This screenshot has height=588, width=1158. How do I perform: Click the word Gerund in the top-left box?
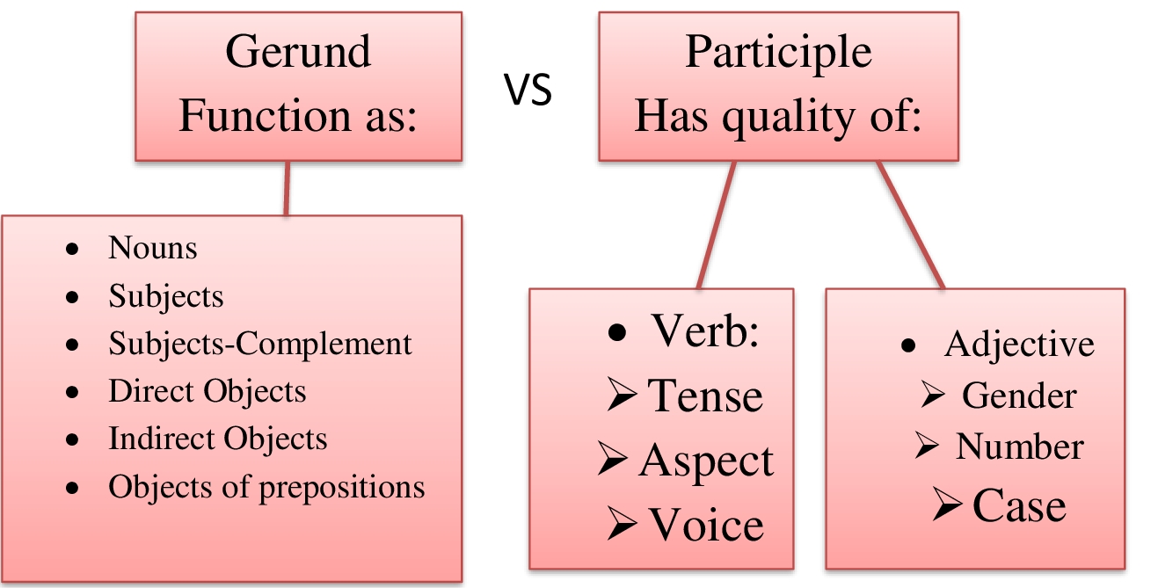tap(298, 53)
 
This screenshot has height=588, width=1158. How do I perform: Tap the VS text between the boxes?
tap(528, 90)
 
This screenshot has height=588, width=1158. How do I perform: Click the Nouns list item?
tap(152, 249)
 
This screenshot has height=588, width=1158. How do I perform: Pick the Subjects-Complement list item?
tap(259, 344)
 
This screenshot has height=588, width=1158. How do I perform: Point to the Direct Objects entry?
tap(207, 391)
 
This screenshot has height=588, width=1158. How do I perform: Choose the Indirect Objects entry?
tap(217, 439)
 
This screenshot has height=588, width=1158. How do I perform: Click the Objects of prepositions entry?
tap(266, 486)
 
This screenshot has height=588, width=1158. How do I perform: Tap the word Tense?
tap(705, 396)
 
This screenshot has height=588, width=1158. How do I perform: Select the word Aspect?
tap(706, 461)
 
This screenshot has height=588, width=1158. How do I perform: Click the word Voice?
tap(706, 526)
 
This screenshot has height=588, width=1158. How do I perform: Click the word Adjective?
tap(1019, 345)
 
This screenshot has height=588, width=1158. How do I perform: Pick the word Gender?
tap(1018, 396)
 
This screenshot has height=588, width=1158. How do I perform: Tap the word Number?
tap(1019, 447)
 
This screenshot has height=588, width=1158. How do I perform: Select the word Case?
tap(1018, 506)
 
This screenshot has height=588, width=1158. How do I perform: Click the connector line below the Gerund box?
tap(285, 187)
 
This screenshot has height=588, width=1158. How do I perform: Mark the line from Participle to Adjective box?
tap(910, 224)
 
